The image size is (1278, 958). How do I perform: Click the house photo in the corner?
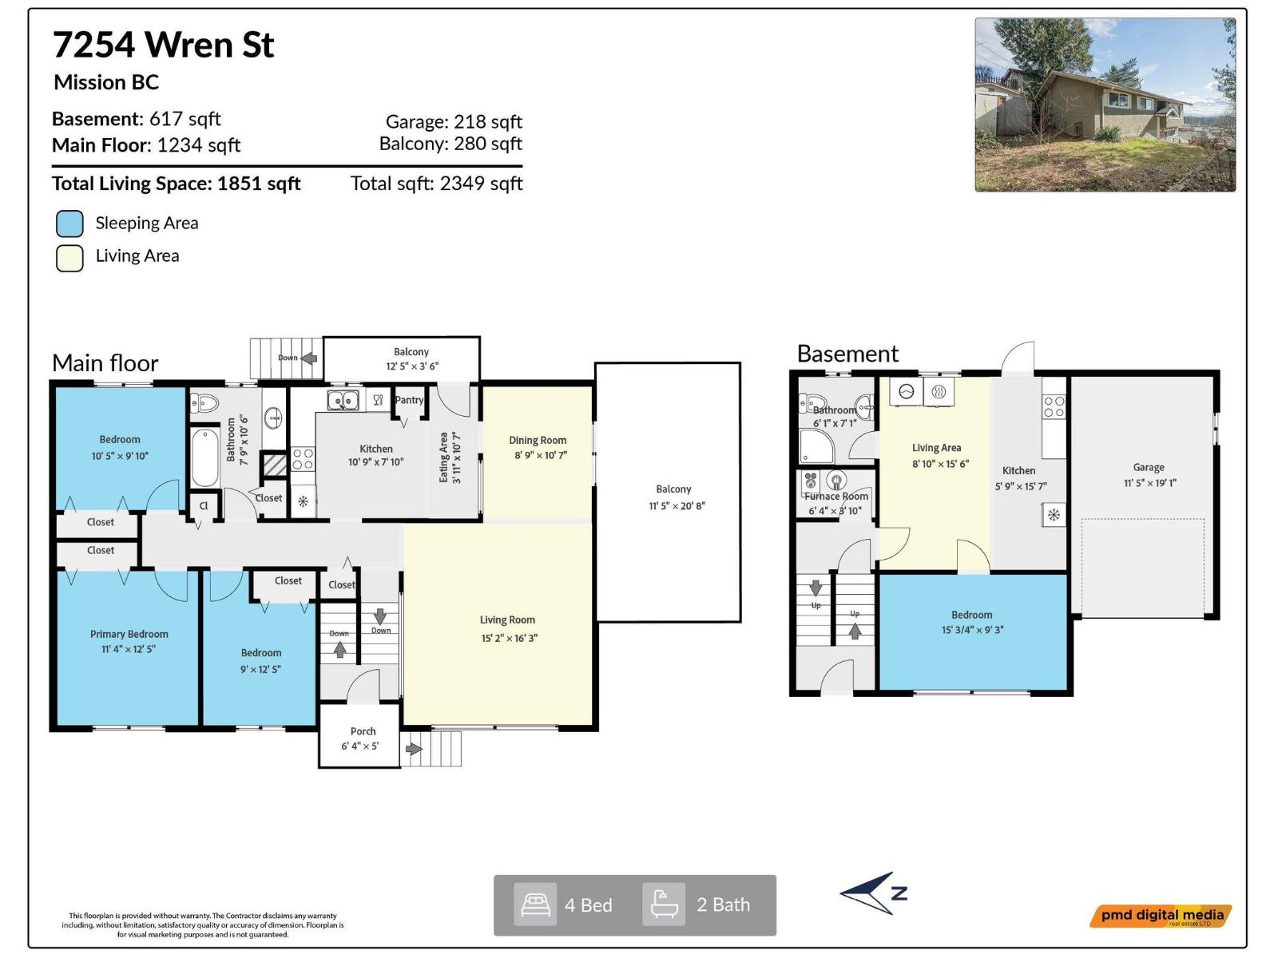[1105, 105]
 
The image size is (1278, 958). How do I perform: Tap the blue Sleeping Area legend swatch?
[69, 224]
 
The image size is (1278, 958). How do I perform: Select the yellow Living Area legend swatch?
[69, 258]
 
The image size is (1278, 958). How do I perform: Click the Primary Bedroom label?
[129, 634]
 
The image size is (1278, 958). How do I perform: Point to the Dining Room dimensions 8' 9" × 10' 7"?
[541, 455]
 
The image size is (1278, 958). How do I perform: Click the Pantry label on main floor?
[409, 400]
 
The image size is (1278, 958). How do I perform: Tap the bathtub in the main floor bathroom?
[205, 457]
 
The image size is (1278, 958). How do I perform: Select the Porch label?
[363, 731]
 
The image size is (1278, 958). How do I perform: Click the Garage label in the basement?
[1149, 467]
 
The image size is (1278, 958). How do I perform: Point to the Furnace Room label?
[836, 496]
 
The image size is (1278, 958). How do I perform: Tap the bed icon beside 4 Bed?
[535, 905]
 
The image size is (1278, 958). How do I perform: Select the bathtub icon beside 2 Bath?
[664, 905]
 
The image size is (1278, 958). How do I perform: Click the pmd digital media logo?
[1161, 916]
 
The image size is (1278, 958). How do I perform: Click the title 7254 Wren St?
[164, 45]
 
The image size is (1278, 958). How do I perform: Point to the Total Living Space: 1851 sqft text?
[177, 184]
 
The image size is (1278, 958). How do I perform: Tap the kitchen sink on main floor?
[343, 399]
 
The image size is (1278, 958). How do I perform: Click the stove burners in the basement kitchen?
[1054, 406]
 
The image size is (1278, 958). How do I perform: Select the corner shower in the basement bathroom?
[816, 447]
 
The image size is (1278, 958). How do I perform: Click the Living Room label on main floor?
[507, 620]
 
